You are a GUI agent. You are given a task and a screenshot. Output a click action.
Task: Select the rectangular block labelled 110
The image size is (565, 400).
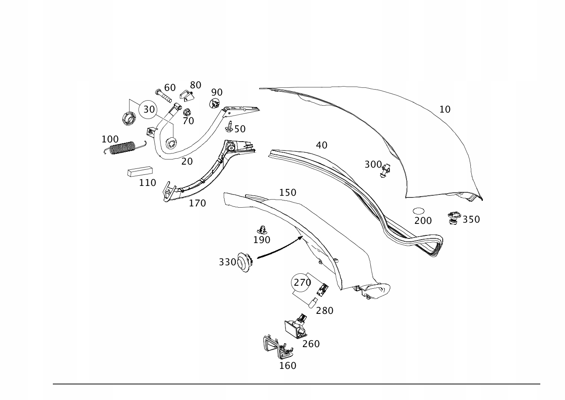(x=140, y=171)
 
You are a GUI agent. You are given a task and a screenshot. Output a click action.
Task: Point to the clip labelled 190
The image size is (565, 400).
(x=264, y=229)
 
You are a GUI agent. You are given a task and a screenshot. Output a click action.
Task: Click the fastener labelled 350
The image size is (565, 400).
(x=453, y=218)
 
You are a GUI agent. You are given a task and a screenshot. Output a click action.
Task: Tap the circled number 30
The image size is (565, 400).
(x=149, y=109)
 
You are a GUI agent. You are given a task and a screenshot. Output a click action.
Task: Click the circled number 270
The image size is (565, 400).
(x=302, y=282)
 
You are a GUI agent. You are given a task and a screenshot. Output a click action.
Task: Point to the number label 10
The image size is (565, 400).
(x=445, y=110)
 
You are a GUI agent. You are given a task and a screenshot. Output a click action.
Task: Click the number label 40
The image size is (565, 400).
(x=322, y=145)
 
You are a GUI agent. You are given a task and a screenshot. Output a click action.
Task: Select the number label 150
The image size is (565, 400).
(x=288, y=193)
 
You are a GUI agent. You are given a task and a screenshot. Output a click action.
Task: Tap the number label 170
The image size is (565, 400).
(x=197, y=203)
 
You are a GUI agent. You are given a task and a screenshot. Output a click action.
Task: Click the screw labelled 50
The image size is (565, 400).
(x=230, y=127)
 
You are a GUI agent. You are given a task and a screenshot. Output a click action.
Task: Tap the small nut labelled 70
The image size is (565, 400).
(x=186, y=113)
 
